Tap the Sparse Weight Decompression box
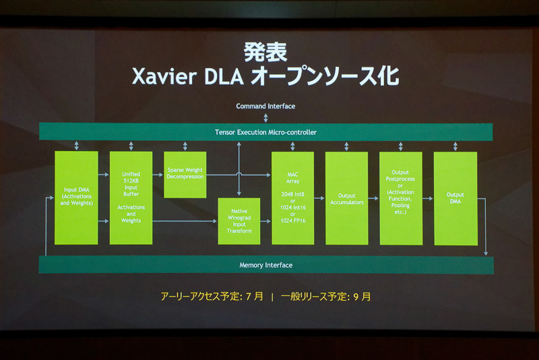tap(185, 175)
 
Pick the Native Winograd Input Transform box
tap(239, 221)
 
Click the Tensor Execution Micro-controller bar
tap(265, 131)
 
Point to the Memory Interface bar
tap(265, 265)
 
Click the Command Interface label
tap(265, 106)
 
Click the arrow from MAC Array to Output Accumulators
tap(319, 198)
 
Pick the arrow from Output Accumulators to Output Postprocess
tap(373, 198)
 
